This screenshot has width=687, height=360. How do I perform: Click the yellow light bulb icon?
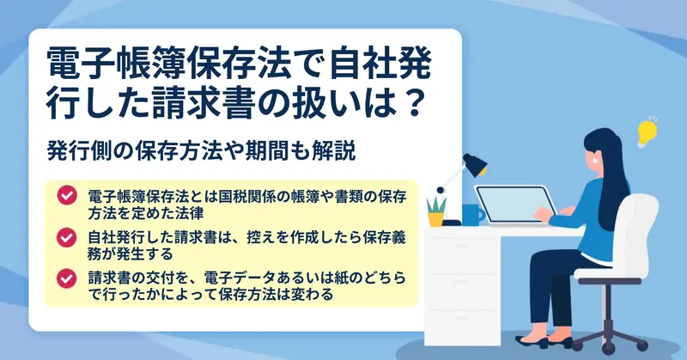[x=647, y=132]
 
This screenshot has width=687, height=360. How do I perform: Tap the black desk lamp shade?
[x=476, y=165]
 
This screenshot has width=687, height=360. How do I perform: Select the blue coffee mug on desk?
[x=473, y=215]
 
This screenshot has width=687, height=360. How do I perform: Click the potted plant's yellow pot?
[x=436, y=219]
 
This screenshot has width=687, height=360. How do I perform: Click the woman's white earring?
[x=595, y=161]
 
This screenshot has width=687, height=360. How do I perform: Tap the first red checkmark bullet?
[x=67, y=196]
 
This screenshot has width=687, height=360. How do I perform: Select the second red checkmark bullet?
[x=67, y=238]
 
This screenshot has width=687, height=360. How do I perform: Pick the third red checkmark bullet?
[x=67, y=278]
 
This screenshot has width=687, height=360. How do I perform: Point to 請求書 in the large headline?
[x=200, y=104]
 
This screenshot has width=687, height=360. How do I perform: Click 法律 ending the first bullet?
[x=189, y=213]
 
